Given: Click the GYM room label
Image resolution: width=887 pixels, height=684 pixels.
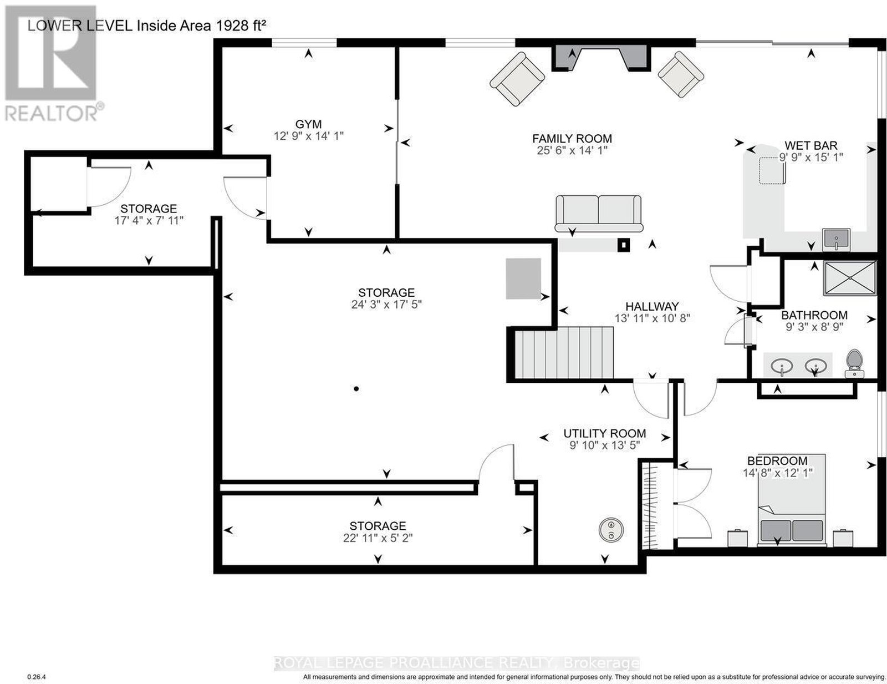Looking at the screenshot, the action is click(x=309, y=124).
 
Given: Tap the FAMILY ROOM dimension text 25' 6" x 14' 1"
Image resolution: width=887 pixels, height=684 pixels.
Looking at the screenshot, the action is click(x=572, y=150).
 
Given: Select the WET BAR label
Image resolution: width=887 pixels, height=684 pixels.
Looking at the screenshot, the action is click(x=810, y=145).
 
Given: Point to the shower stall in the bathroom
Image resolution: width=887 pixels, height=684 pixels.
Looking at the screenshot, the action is click(x=850, y=278).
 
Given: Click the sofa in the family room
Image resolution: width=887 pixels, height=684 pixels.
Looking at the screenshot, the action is click(x=598, y=213).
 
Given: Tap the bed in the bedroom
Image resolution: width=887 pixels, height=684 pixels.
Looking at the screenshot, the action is click(x=792, y=500).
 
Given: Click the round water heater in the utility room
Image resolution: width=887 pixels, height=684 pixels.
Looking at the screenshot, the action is click(x=611, y=530).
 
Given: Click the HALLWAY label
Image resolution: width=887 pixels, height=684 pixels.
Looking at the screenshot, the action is click(x=652, y=306).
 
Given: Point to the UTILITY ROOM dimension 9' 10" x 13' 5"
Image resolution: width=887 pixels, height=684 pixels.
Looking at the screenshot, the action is click(x=604, y=445).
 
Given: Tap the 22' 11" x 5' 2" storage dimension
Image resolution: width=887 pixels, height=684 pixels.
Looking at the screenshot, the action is click(x=378, y=538).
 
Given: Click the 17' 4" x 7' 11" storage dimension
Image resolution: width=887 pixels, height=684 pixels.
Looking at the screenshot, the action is click(x=149, y=221).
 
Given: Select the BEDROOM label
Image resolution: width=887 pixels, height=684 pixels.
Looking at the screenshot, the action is click(x=777, y=460).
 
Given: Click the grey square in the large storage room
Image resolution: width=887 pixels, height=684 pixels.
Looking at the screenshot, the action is click(x=523, y=278).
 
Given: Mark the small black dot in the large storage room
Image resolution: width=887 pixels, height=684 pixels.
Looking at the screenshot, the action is click(x=356, y=389).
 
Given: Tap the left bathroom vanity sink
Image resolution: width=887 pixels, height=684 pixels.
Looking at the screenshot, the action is click(x=782, y=364).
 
